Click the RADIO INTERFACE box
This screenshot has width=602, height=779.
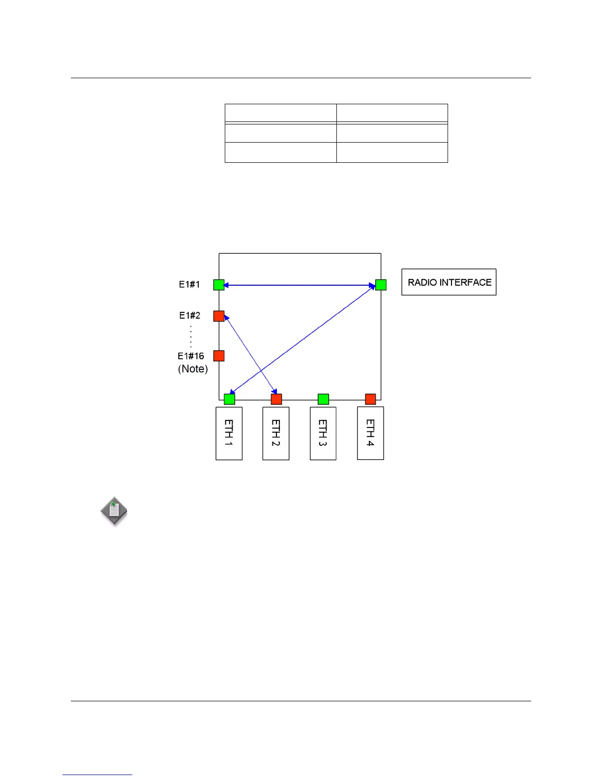449,282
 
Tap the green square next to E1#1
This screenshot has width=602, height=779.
219,285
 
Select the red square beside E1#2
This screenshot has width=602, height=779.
219,316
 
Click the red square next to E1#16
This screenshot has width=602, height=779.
219,356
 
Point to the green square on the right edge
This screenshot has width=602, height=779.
381,285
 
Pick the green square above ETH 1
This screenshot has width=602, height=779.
229,399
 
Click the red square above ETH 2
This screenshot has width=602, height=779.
276,399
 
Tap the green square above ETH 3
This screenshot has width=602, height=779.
323,399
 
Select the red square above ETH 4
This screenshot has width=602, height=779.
370,399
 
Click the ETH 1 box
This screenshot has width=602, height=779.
229,433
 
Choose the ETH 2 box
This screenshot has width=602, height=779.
276,433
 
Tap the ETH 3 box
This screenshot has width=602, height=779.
323,433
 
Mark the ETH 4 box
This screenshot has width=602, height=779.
370,433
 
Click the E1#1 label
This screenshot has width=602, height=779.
189,284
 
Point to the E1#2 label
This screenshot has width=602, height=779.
189,315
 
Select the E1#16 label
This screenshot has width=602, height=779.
191,356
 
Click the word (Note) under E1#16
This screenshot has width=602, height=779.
193,369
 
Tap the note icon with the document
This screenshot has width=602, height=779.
114,511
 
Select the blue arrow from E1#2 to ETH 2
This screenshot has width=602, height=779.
251,356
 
